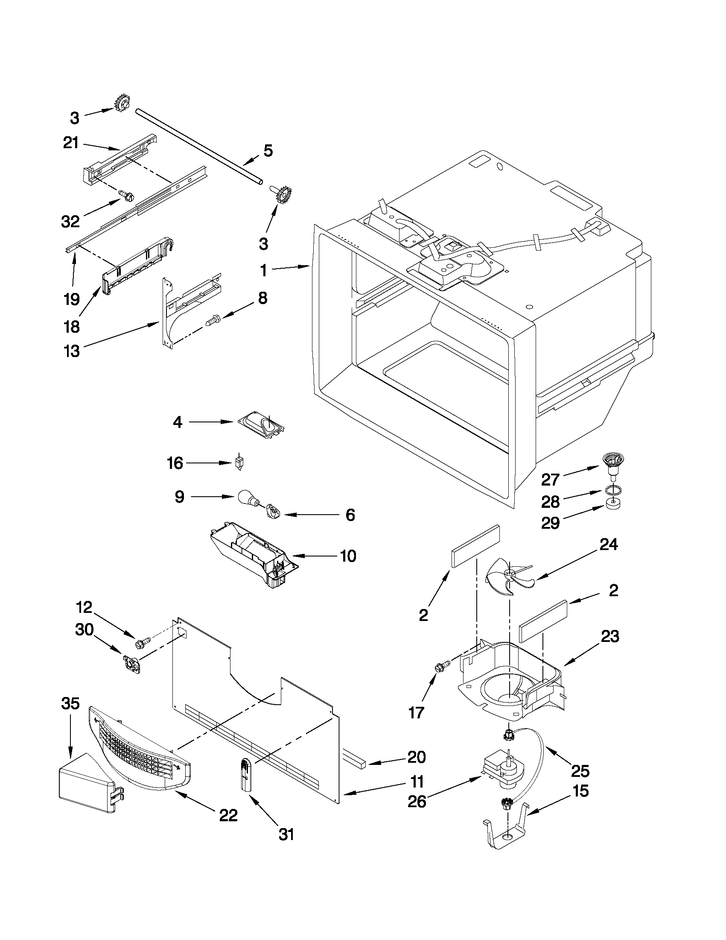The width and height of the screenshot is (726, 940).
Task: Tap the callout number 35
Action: point(70,704)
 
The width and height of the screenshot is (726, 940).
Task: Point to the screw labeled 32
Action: point(127,196)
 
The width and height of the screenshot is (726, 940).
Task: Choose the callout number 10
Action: point(347,556)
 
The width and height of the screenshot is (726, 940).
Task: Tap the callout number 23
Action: point(610,636)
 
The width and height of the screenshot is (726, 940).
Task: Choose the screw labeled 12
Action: point(143,643)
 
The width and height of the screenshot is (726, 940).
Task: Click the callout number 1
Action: point(263,271)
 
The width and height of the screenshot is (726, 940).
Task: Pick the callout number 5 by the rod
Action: point(268,151)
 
